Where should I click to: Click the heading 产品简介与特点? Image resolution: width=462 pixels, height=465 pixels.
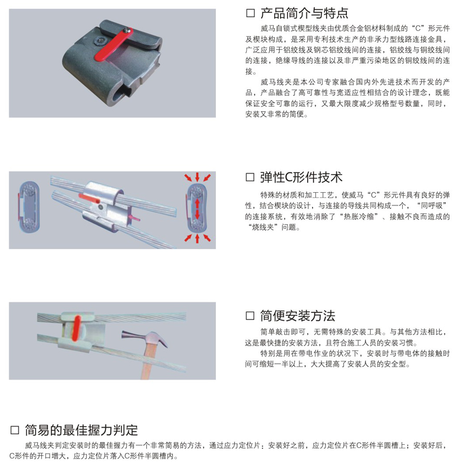pyautogui.click(x=304, y=14)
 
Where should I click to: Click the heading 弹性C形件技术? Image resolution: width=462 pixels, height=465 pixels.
pyautogui.click(x=301, y=177)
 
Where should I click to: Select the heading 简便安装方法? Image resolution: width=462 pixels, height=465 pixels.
pyautogui.click(x=297, y=316)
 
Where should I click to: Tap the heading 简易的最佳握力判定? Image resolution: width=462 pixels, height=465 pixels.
pyautogui.click(x=81, y=430)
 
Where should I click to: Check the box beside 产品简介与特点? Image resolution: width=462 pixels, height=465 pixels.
pyautogui.click(x=250, y=14)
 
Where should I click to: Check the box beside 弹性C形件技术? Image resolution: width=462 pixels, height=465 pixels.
pyautogui.click(x=250, y=177)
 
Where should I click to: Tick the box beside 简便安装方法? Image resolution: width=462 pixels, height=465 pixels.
pyautogui.click(x=250, y=316)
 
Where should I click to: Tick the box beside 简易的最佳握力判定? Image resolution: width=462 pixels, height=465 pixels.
pyautogui.click(x=15, y=430)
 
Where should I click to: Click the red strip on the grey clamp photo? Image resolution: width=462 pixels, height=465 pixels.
pyautogui.click(x=114, y=45)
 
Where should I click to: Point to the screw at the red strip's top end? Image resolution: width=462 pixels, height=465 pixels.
pyautogui.click(x=128, y=30)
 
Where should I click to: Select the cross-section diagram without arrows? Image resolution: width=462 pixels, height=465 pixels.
pyautogui.click(x=29, y=207)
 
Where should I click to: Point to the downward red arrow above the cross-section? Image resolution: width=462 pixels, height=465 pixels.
pyautogui.click(x=197, y=177)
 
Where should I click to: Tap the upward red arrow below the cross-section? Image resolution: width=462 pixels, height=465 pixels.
pyautogui.click(x=197, y=238)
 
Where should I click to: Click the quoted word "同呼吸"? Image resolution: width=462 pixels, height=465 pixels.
pyautogui.click(x=431, y=206)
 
